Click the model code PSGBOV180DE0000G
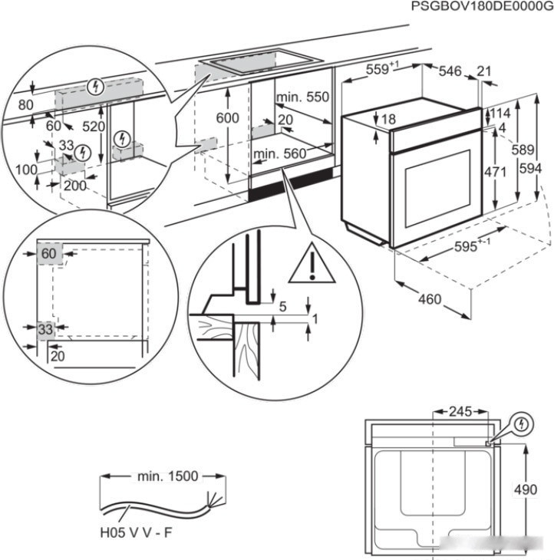(481, 6)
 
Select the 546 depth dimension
(450, 71)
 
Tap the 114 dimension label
(502, 112)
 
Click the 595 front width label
(473, 248)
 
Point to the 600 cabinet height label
(227, 118)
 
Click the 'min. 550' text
(302, 97)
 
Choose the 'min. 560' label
(279, 154)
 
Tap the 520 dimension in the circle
(94, 127)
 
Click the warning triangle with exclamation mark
(312, 263)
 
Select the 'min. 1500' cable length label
(167, 476)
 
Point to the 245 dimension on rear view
(460, 412)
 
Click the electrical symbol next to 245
(522, 423)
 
